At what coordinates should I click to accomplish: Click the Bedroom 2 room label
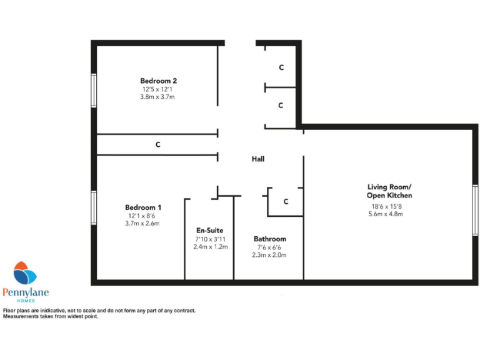(158, 81)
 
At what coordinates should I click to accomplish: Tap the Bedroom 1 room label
(143, 207)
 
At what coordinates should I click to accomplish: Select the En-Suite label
(210, 230)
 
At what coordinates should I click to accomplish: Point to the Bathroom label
(269, 239)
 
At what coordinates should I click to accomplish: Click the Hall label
(257, 159)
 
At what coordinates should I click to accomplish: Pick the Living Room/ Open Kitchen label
(389, 191)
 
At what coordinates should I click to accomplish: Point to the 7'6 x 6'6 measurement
(269, 247)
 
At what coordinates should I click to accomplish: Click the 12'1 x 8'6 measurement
(143, 216)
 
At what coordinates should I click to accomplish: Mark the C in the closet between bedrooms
(158, 145)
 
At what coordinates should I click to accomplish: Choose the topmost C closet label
(281, 67)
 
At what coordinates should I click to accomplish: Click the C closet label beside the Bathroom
(286, 201)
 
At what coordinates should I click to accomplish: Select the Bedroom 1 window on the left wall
(93, 207)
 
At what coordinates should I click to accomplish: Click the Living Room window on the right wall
(475, 211)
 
